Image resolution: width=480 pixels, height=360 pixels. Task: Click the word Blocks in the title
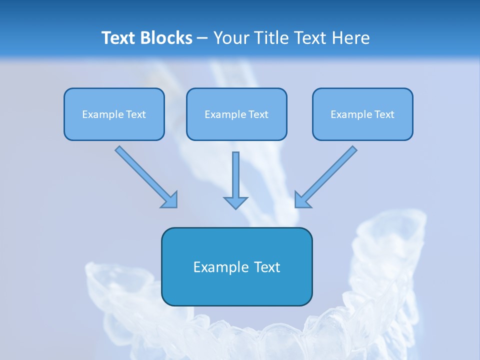[x=167, y=38]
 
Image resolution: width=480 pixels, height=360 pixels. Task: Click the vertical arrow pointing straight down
[x=235, y=175]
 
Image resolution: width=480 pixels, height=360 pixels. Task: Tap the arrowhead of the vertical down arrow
[x=235, y=202]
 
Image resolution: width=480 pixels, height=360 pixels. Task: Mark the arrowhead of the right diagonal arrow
[x=302, y=200]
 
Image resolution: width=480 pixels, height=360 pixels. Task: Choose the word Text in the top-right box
[x=384, y=114]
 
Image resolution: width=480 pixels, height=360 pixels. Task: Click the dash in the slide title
[x=202, y=38]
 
